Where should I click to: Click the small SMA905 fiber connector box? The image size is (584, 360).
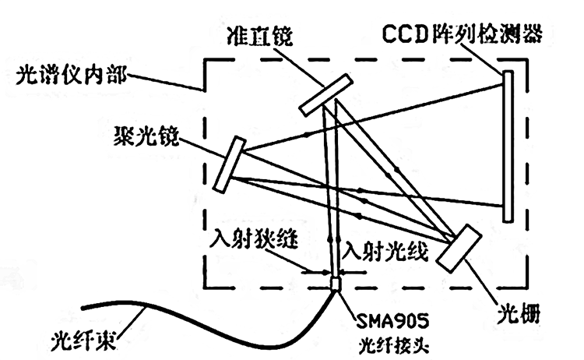pyautogui.click(x=336, y=284)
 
